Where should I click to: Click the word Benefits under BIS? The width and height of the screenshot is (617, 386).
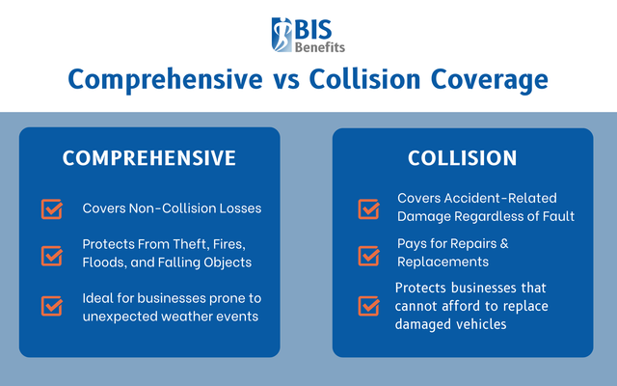pos(322,45)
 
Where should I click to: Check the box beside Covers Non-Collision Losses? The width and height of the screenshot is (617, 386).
pos(51,208)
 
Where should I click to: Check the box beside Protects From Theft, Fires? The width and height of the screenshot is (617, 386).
pos(51,256)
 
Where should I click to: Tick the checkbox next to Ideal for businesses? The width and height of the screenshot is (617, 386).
pos(51,306)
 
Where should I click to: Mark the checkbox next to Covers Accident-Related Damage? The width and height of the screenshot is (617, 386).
pos(368,207)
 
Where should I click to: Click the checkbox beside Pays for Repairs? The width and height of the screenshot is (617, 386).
pos(368,255)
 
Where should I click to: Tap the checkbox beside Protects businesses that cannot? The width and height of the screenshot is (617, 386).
pos(368,306)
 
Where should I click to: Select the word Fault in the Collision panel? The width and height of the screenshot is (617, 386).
pos(555,216)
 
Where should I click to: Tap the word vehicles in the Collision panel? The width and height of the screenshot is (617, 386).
pos(484,324)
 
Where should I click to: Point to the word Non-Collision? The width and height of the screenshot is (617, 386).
pos(174,208)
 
